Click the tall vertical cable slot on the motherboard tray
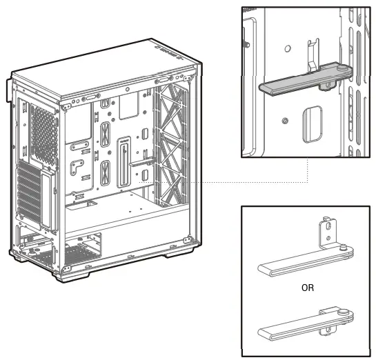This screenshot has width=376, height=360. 123,162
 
